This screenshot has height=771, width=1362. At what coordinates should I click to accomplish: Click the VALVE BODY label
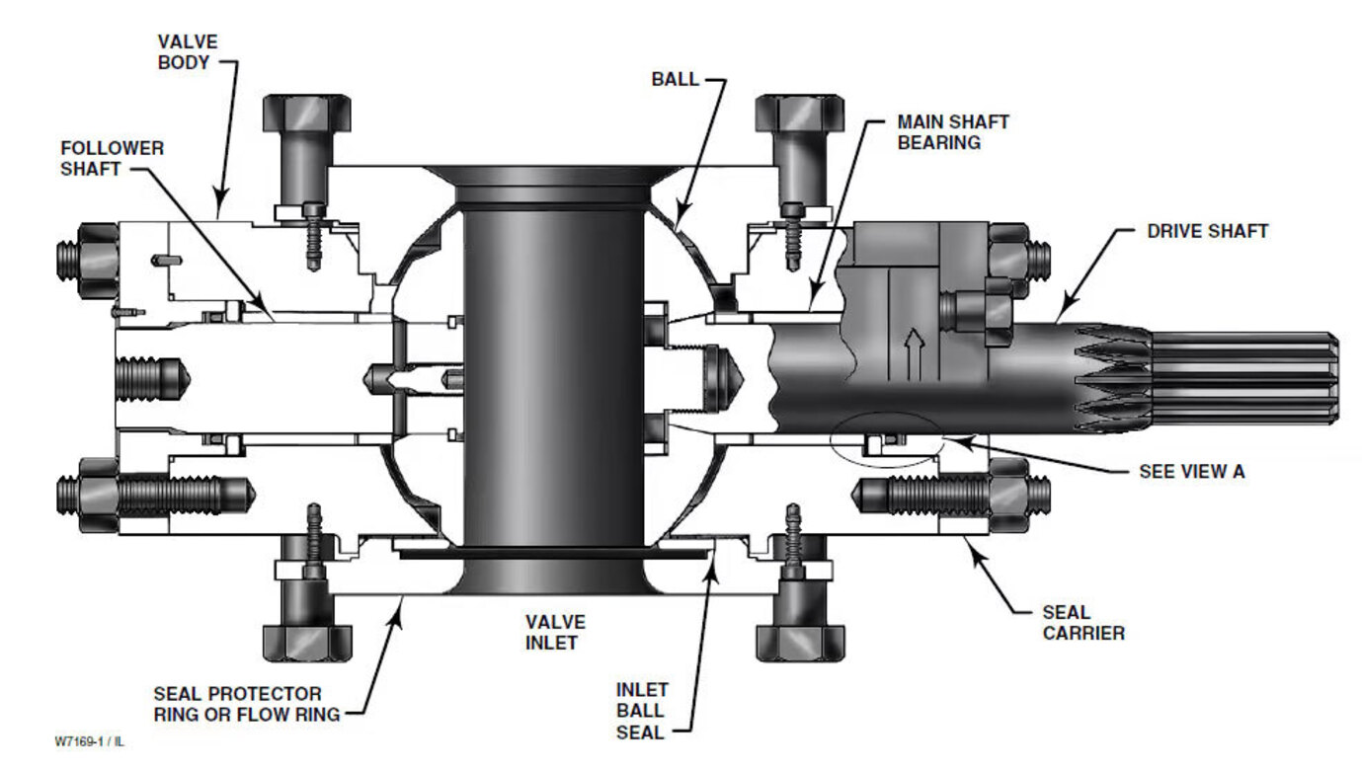[188, 52]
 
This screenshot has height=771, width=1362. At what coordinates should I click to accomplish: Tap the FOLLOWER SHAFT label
[112, 158]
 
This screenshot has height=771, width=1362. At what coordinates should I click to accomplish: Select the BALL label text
[675, 80]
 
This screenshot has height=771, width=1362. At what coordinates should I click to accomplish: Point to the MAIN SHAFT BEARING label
[953, 132]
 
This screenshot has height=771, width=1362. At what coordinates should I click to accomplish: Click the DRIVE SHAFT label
[1208, 231]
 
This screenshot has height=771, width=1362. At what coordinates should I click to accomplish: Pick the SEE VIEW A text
[1192, 472]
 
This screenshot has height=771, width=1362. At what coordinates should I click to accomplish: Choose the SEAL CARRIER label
[1083, 623]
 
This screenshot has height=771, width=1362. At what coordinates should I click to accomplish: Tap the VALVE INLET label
[555, 633]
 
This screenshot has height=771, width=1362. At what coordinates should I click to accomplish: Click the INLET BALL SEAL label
[642, 711]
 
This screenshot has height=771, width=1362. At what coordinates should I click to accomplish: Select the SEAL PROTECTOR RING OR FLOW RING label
[246, 704]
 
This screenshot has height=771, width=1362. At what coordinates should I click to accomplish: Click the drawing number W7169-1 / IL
[89, 741]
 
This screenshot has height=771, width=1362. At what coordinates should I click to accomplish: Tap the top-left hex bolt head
[306, 113]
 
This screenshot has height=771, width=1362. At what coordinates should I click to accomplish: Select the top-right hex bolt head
[800, 113]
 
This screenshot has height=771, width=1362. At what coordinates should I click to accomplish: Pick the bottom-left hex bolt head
[307, 644]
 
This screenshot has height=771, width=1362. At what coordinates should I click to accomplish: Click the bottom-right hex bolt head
[800, 644]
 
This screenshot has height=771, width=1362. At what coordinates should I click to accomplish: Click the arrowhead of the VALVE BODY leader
[221, 205]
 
